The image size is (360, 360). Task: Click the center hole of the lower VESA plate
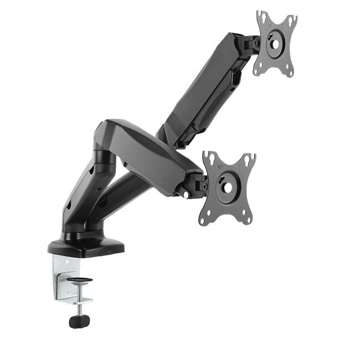click(227, 187)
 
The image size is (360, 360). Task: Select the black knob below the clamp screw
click(79, 320)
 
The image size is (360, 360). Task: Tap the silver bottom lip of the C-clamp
click(75, 300)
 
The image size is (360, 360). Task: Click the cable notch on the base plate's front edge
click(105, 250)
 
